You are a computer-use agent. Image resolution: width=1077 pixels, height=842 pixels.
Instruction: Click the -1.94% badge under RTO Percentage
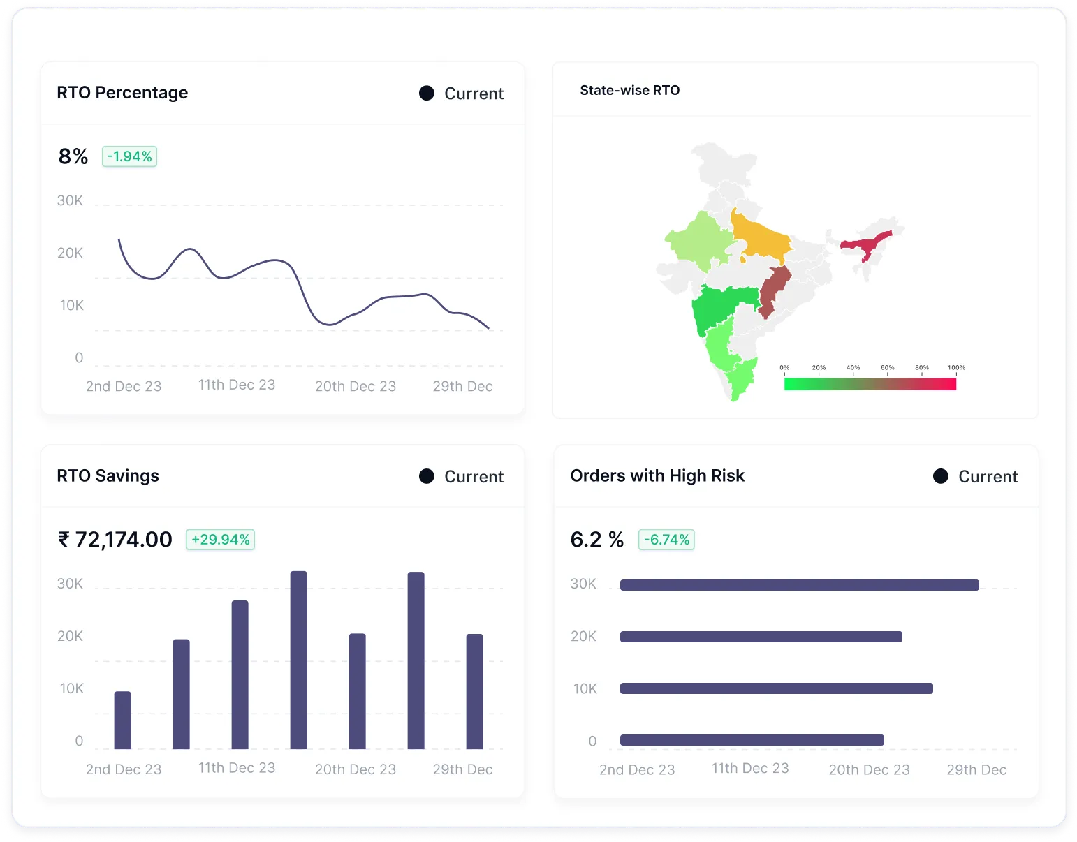(x=129, y=156)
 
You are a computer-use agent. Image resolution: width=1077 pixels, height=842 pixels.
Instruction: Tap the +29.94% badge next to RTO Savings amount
(x=220, y=540)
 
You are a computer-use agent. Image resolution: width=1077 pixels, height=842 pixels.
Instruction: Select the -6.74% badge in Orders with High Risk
(x=666, y=540)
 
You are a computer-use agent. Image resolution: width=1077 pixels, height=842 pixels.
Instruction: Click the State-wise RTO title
(x=629, y=90)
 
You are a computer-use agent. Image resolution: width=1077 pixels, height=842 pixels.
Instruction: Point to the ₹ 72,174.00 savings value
(x=115, y=540)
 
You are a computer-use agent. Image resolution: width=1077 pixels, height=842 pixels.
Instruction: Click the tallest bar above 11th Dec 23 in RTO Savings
(x=298, y=660)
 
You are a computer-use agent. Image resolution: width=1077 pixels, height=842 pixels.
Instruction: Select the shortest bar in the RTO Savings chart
(x=122, y=720)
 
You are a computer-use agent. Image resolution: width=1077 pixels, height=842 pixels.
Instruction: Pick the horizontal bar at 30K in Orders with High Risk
(x=799, y=585)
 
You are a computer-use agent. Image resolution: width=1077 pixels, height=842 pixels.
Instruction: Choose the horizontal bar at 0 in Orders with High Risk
(x=752, y=740)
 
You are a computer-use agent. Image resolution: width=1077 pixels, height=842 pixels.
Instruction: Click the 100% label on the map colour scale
(x=956, y=367)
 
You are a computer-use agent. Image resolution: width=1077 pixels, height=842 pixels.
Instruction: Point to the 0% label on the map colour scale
(x=784, y=367)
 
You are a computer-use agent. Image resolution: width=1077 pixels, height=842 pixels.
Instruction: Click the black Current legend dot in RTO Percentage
(x=427, y=94)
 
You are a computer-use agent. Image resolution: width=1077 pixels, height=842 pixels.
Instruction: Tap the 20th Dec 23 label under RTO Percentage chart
(x=355, y=386)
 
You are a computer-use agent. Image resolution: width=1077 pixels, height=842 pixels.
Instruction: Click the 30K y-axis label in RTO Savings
(x=70, y=584)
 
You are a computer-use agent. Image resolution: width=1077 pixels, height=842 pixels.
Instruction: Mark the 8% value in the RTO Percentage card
(x=73, y=156)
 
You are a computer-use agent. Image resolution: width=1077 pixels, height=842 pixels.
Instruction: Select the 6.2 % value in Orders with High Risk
(x=596, y=540)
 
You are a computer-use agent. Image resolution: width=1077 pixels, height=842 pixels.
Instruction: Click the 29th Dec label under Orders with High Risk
(x=976, y=769)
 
